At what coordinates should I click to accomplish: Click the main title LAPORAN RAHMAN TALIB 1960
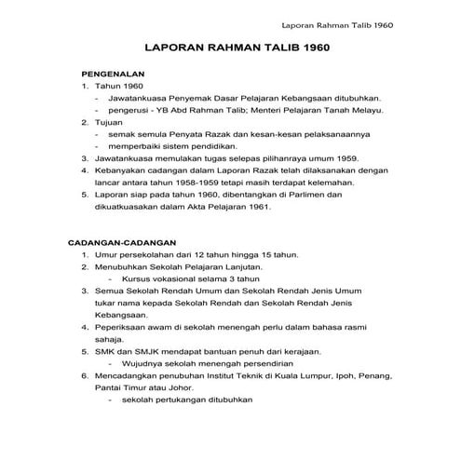coord(229,47)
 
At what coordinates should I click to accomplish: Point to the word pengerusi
coord(129,110)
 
